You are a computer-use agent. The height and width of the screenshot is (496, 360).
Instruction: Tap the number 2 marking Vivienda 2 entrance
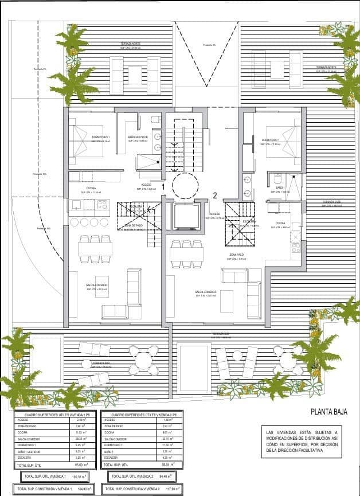(214, 195)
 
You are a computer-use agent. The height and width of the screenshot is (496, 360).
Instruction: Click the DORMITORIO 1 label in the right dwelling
(271, 139)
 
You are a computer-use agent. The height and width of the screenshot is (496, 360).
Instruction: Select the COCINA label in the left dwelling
(91, 188)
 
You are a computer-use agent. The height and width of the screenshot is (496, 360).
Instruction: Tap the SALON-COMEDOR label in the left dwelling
(97, 285)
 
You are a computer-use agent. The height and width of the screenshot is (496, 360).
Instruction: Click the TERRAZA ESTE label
(331, 202)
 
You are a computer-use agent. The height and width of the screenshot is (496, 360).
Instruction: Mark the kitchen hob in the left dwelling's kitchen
(103, 204)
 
